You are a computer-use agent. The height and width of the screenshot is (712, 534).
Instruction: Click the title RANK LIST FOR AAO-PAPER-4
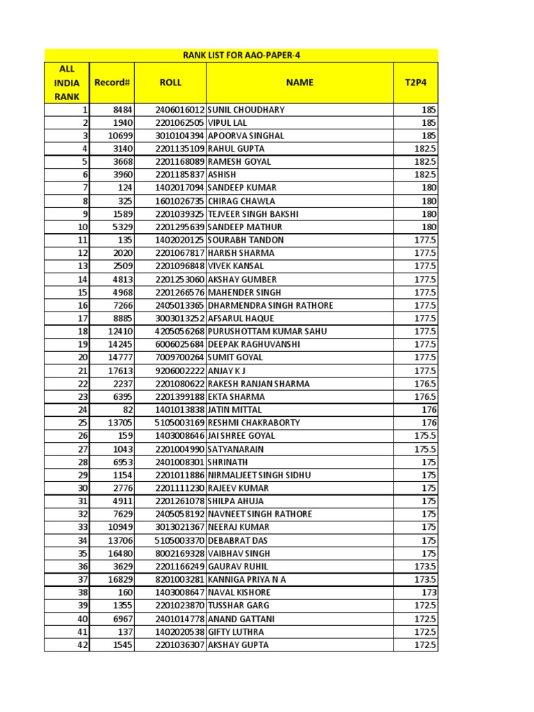point(241,55)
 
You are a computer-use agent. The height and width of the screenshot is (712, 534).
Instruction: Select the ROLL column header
point(170,82)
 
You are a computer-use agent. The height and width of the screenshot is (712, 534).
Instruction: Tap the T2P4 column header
point(415,82)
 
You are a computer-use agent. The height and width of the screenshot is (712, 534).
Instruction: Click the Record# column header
point(112,82)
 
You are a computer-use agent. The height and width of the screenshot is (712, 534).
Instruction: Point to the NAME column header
point(300,82)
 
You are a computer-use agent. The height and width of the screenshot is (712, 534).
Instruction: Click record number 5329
point(122,227)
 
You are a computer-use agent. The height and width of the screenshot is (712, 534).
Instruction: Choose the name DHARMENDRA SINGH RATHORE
point(270,305)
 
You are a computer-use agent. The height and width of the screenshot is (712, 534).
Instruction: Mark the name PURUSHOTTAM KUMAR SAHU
point(267,332)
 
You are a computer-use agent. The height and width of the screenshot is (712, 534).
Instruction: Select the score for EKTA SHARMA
point(426,397)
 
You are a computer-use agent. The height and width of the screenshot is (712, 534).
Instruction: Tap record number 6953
point(122,462)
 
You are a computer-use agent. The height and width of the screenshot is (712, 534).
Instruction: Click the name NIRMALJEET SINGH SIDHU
point(259,475)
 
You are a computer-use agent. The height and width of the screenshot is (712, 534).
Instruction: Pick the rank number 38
point(83,593)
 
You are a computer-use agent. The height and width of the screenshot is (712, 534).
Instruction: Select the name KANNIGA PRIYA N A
point(247,580)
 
